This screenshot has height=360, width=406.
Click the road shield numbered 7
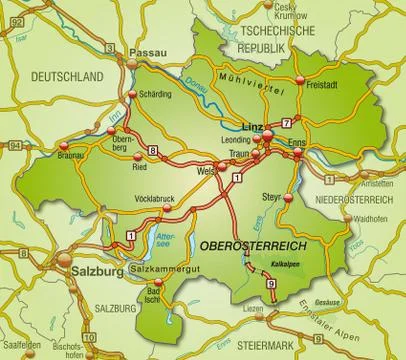pyautogui.click(x=286, y=122)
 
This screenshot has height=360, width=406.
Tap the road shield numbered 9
pyautogui.click(x=270, y=285)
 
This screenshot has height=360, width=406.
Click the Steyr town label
pyautogui.click(x=270, y=195)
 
